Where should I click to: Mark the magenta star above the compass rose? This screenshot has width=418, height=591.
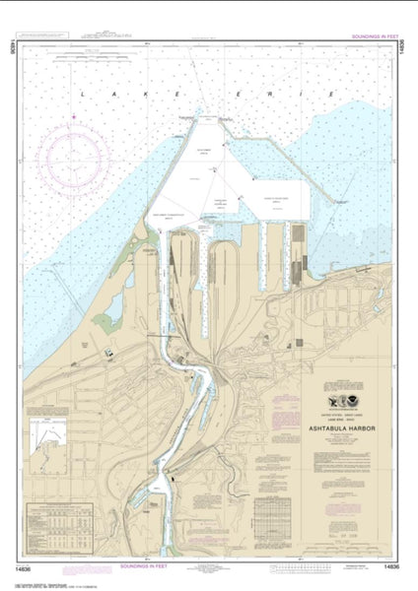(72, 117)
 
